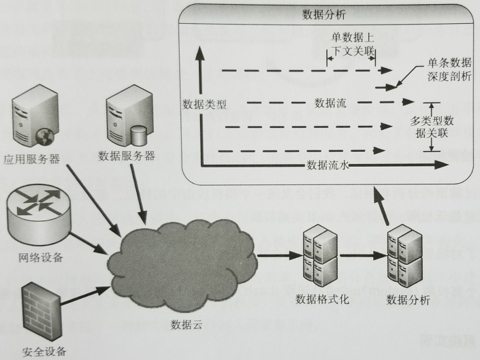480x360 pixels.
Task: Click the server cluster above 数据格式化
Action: pyautogui.click(x=319, y=259)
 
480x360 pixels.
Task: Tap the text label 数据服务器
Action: pyautogui.click(x=127, y=156)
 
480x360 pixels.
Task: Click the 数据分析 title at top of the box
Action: pyautogui.click(x=324, y=13)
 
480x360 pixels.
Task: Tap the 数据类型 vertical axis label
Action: pyautogui.click(x=205, y=105)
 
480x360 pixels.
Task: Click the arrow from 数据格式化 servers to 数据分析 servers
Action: pyautogui.click(x=362, y=257)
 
